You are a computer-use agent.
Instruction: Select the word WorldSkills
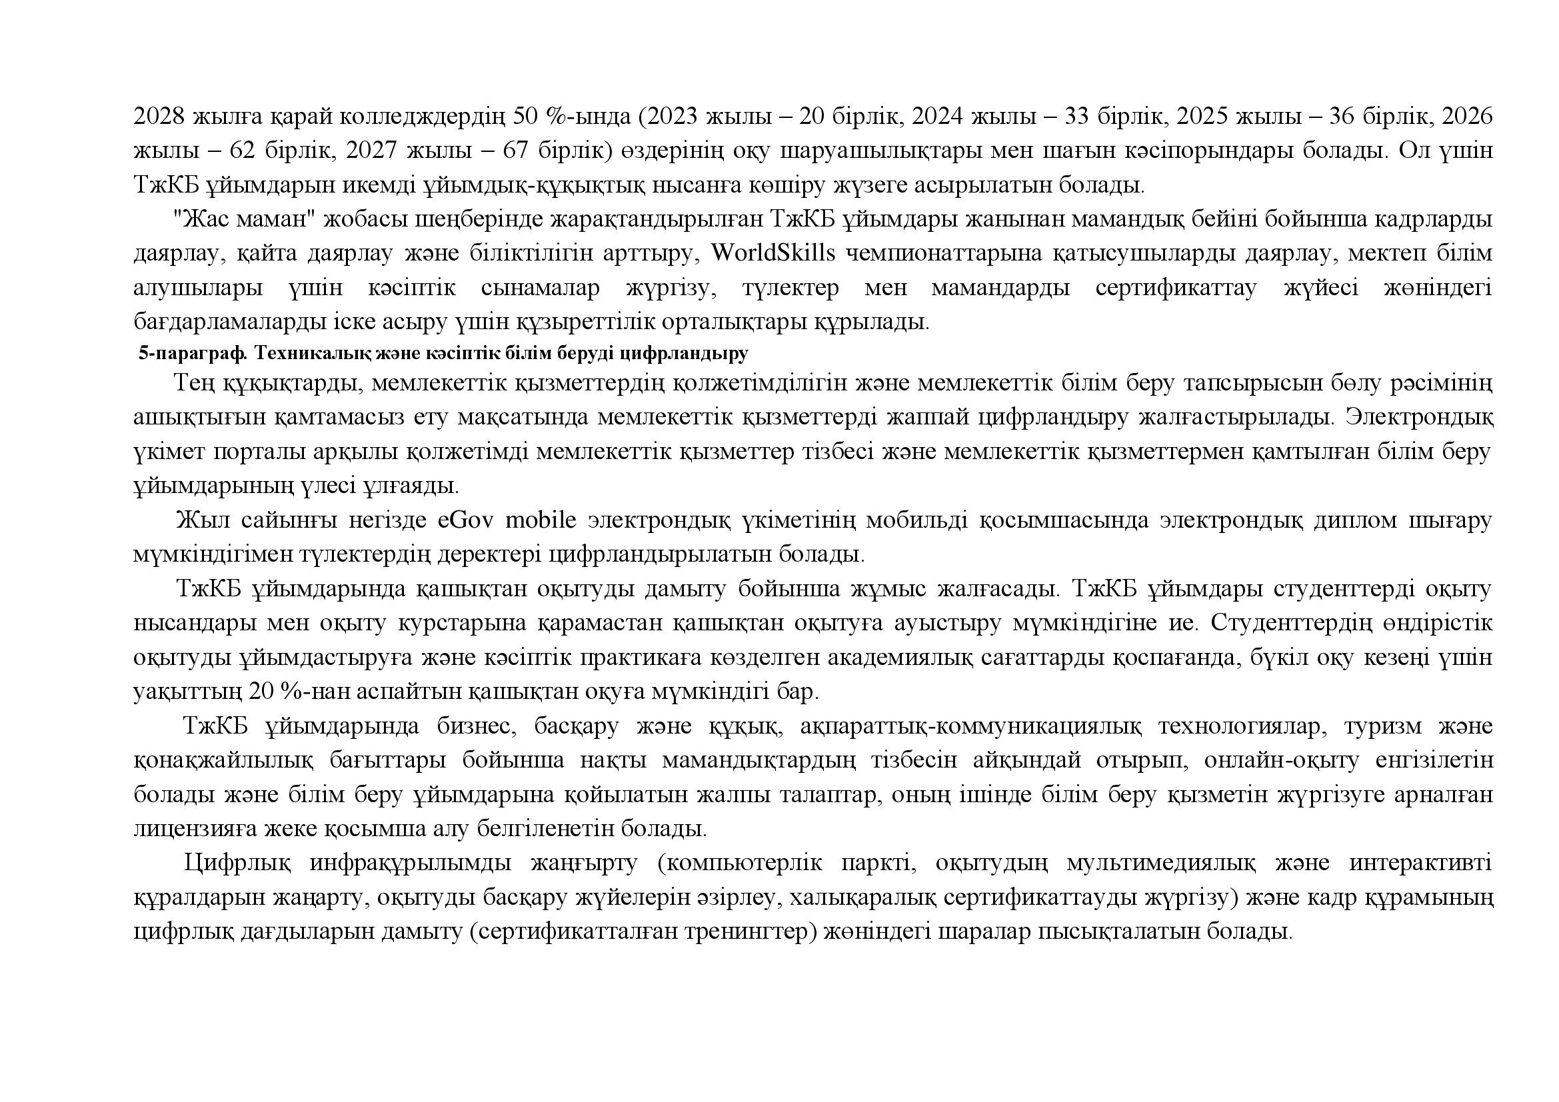click(773, 253)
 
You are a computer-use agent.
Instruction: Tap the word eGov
click(467, 520)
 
